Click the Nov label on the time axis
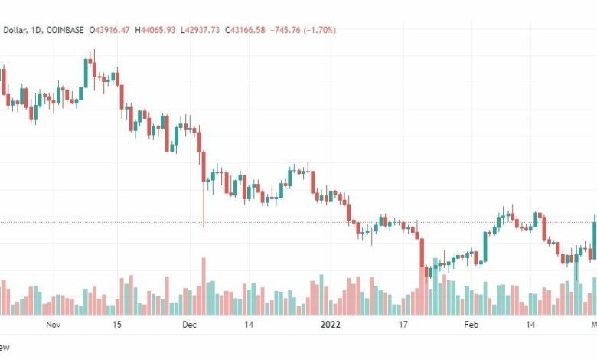[53, 325]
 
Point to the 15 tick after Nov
[116, 325]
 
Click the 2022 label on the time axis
[330, 325]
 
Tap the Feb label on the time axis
[471, 325]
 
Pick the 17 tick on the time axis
[403, 325]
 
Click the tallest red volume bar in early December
[204, 286]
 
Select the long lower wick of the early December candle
[204, 207]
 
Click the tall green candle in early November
[86, 73]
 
